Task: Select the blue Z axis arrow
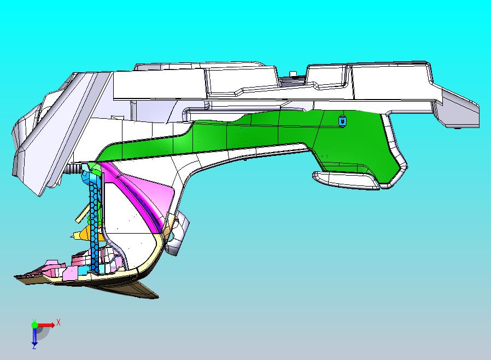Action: pyautogui.click(x=34, y=336)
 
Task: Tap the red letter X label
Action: pyautogui.click(x=59, y=322)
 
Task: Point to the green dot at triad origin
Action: pyautogui.click(x=34, y=324)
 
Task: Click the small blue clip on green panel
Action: pyautogui.click(x=342, y=120)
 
